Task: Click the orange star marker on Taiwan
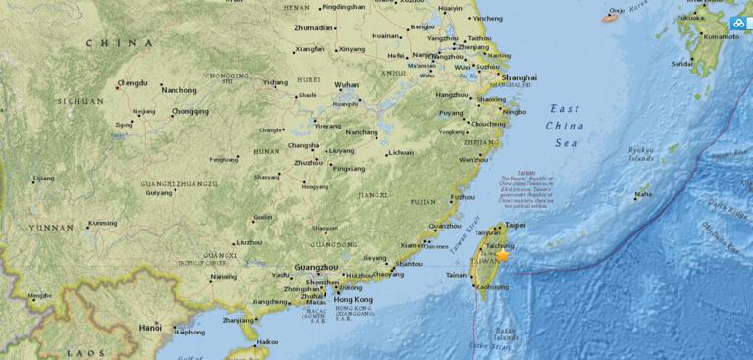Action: [x=503, y=255]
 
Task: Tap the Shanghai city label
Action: [x=519, y=77]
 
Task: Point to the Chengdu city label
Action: [x=132, y=84]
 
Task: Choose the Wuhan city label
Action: [x=347, y=85]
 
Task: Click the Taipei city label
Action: [x=515, y=225]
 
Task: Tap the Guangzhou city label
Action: [x=316, y=267]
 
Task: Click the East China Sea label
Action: [x=567, y=126]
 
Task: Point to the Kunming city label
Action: [x=103, y=223]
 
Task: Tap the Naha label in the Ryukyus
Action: [x=643, y=194]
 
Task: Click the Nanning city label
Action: [x=224, y=277]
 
